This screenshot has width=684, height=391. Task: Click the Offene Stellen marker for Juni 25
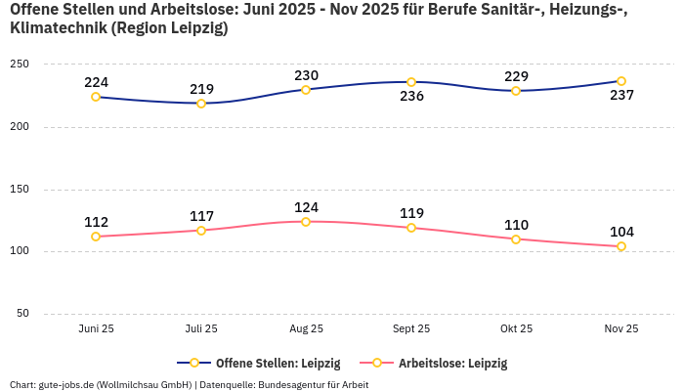pos(96,97)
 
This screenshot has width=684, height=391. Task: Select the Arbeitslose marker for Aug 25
pos(306,222)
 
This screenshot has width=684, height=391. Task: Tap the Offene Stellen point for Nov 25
pos(621,81)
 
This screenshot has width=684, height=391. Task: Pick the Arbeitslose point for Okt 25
pos(516,239)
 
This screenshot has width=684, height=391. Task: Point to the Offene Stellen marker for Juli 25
pos(201,103)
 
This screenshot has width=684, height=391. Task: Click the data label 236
pos(411,96)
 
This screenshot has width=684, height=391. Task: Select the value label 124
pos(306,207)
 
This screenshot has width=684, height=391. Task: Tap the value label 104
pos(621,232)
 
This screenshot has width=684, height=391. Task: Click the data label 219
pos(201,88)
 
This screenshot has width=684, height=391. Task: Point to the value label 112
pos(96,222)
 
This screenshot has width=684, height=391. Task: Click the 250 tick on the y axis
pos(20,65)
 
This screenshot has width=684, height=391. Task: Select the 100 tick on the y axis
pos(20,251)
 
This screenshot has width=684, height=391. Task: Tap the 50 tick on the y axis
pos(22,314)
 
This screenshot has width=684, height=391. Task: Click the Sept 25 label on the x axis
pos(411,329)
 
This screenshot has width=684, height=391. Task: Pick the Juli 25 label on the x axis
pos(201,329)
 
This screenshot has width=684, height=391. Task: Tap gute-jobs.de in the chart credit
pos(65,384)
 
